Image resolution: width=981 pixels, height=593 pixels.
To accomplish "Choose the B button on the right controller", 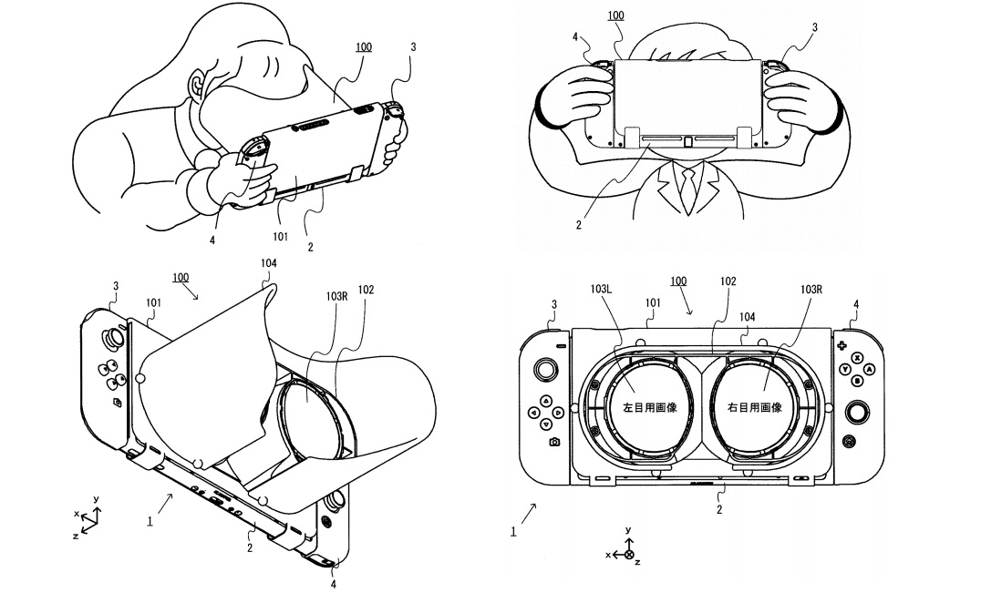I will (858, 381).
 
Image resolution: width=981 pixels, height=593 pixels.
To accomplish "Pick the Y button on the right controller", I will (846, 369).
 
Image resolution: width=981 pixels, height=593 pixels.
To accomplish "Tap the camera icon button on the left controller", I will (554, 442).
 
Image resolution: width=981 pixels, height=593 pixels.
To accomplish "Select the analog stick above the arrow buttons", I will (545, 370).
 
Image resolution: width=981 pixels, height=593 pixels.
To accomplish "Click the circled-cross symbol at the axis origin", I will (628, 553).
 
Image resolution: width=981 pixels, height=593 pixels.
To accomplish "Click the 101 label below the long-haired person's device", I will (280, 237).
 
